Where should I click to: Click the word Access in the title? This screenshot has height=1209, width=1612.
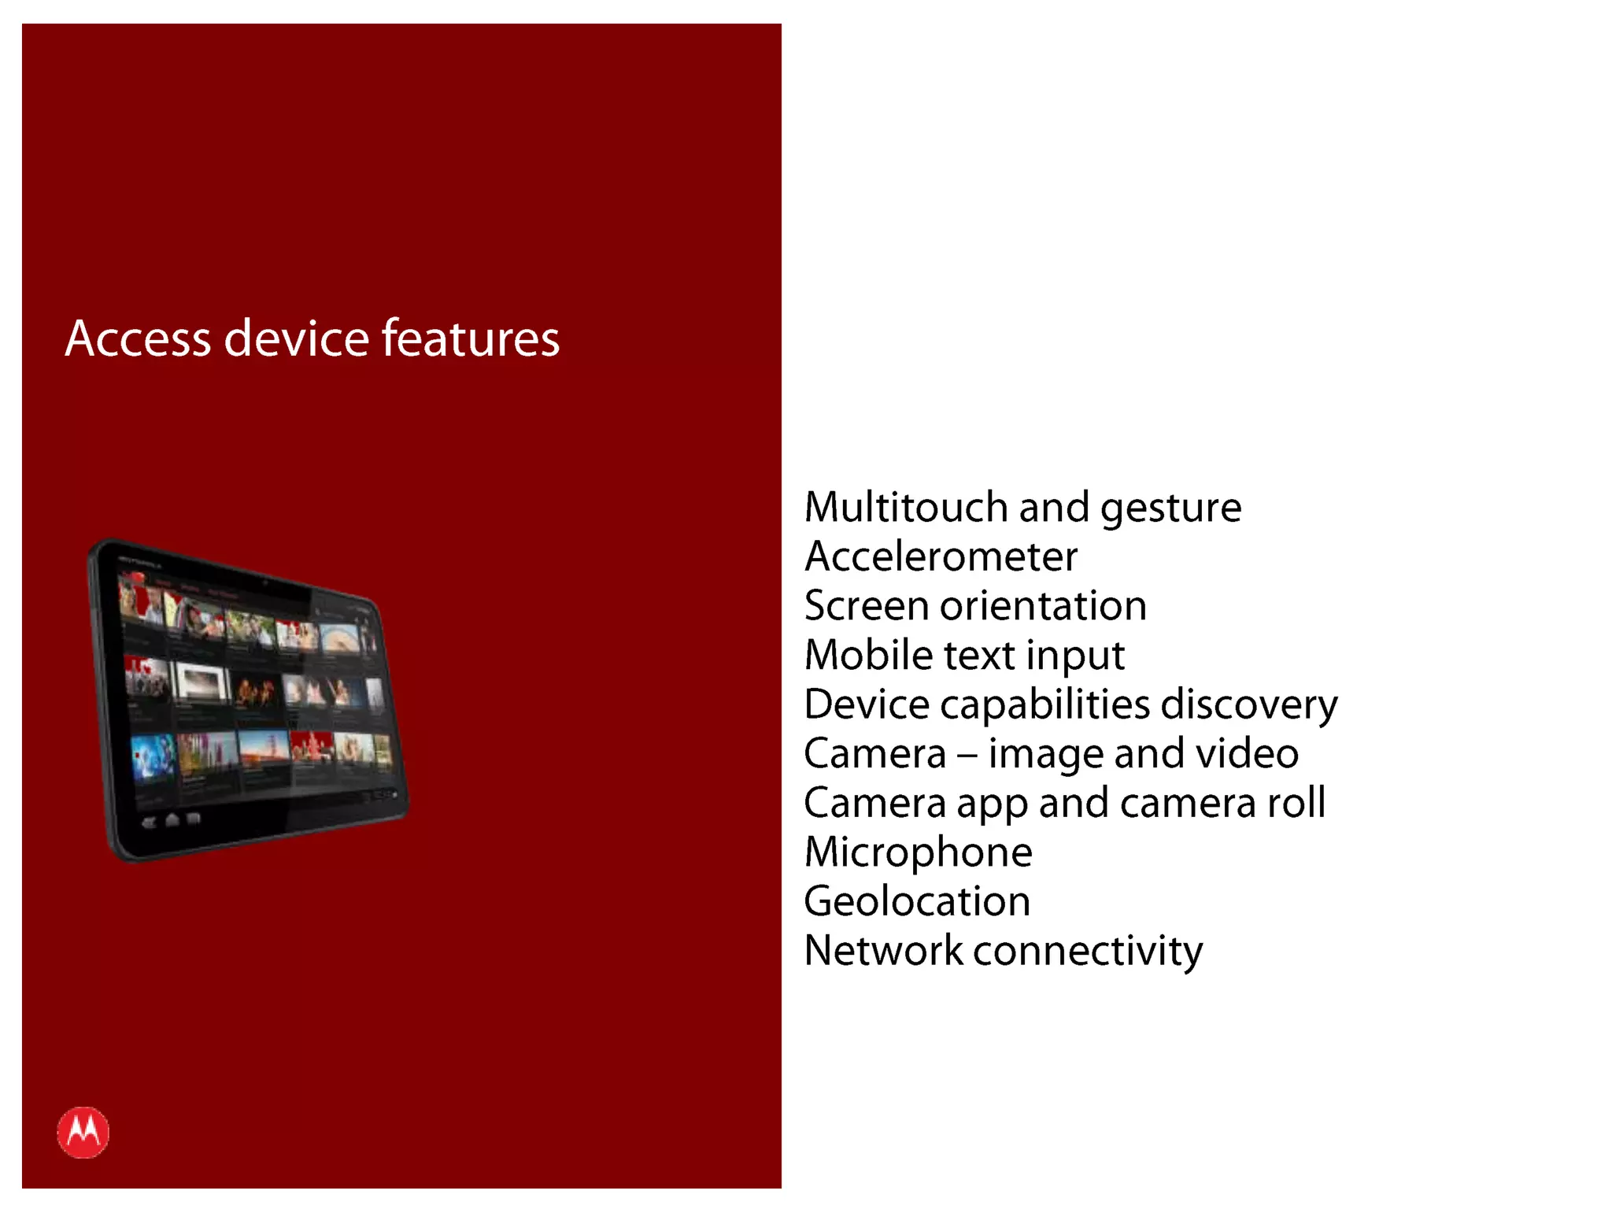pyautogui.click(x=138, y=338)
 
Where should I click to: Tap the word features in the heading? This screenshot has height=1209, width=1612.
pyautogui.click(x=471, y=338)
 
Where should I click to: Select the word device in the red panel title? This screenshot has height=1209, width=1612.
pyautogui.click(x=297, y=338)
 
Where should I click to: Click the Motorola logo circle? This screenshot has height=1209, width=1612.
pyautogui.click(x=83, y=1133)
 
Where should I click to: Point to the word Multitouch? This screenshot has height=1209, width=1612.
pyautogui.click(x=905, y=507)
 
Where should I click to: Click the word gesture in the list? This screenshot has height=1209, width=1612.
pyautogui.click(x=1170, y=508)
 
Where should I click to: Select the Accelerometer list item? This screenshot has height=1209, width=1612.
pyautogui.click(x=941, y=556)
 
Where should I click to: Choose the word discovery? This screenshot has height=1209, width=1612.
pyautogui.click(x=1249, y=704)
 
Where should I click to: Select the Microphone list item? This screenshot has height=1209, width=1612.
pyautogui.click(x=919, y=852)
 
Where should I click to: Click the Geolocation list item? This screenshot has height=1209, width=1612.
pyautogui.click(x=917, y=901)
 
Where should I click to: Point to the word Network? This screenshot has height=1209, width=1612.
pyautogui.click(x=883, y=951)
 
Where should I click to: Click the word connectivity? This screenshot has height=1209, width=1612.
pyautogui.click(x=1088, y=951)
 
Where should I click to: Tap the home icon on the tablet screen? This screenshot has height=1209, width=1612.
pyautogui.click(x=172, y=820)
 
